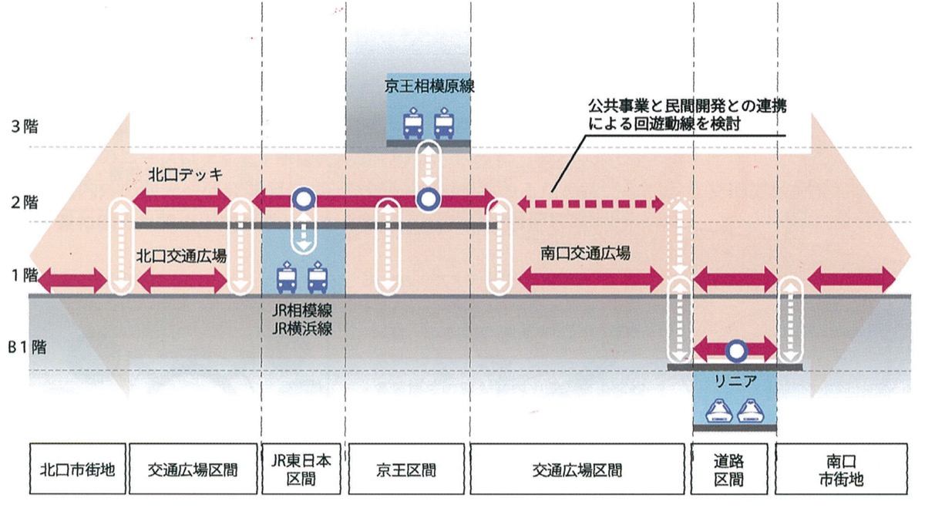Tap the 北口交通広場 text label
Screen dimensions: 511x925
[182, 256]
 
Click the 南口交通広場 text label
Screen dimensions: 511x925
[586, 252]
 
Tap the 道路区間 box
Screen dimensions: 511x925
[734, 468]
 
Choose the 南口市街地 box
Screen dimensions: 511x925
[839, 468]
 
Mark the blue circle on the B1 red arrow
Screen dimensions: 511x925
[736, 351]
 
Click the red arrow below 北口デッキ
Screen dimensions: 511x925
[182, 201]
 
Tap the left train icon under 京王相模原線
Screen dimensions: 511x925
[413, 124]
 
